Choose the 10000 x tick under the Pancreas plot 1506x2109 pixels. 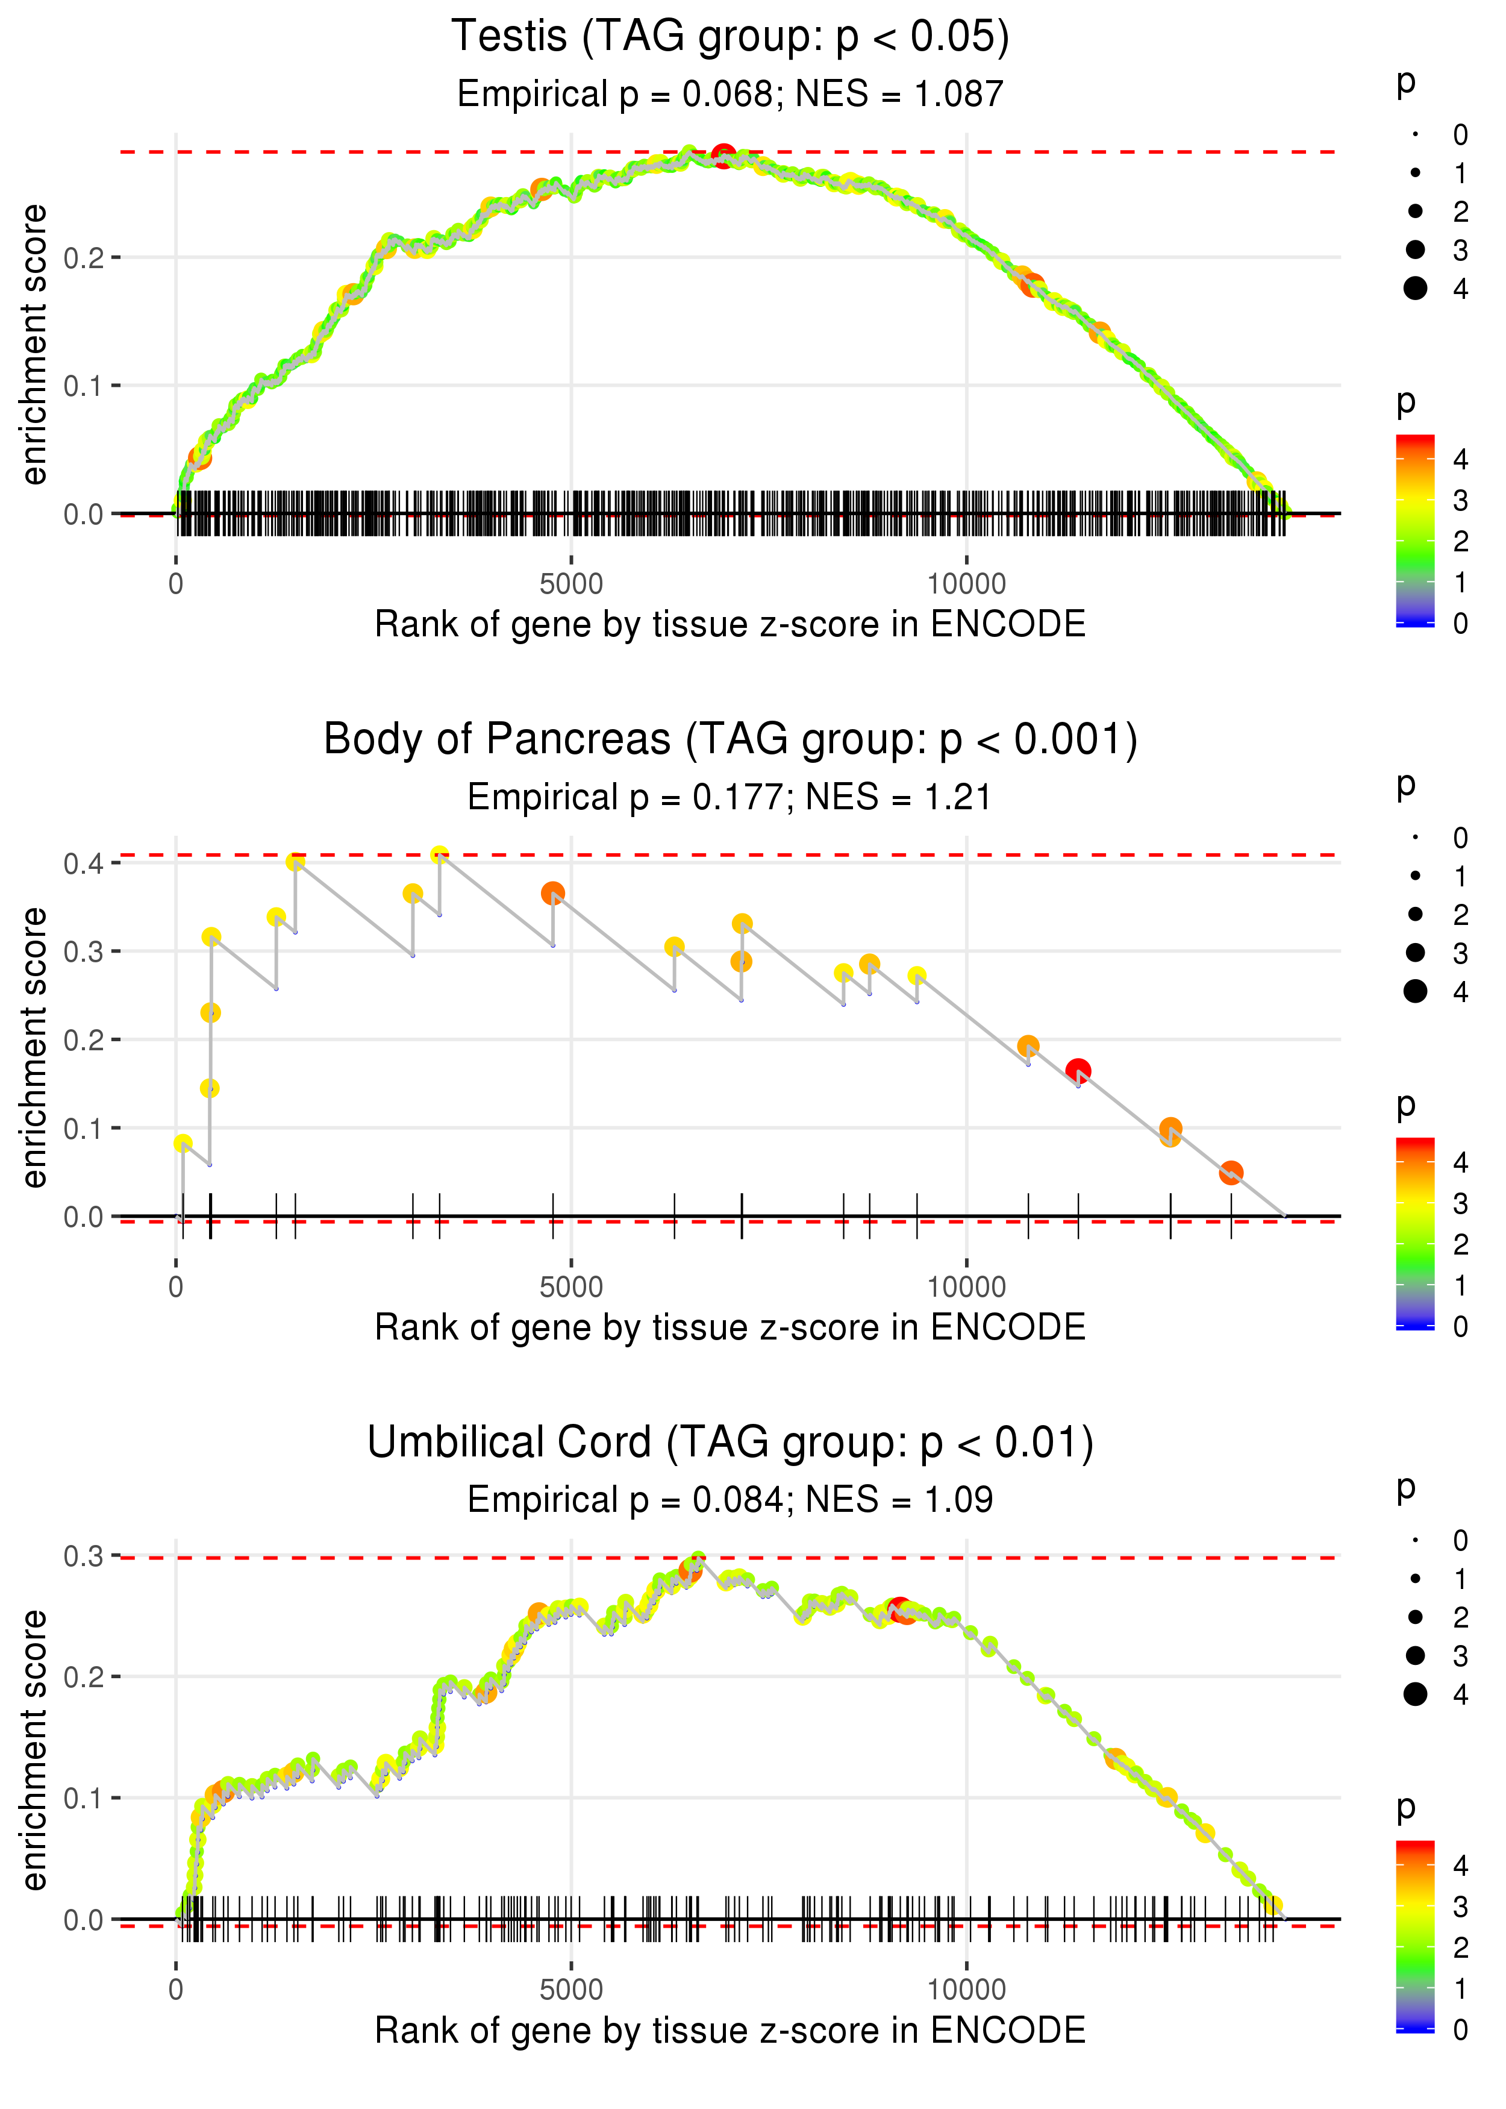coord(966,1286)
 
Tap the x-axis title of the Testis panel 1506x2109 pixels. coord(730,624)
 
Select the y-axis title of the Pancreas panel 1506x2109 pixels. coord(34,1047)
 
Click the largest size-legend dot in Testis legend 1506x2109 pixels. coord(1415,289)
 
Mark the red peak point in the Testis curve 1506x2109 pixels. coord(724,155)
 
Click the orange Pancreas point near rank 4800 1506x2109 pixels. coord(552,893)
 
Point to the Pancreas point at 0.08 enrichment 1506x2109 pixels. coord(183,1144)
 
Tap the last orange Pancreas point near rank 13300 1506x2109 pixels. coord(1231,1172)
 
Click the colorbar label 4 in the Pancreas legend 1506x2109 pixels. coord(1461,1162)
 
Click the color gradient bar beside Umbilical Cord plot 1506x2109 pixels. coord(1415,1935)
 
